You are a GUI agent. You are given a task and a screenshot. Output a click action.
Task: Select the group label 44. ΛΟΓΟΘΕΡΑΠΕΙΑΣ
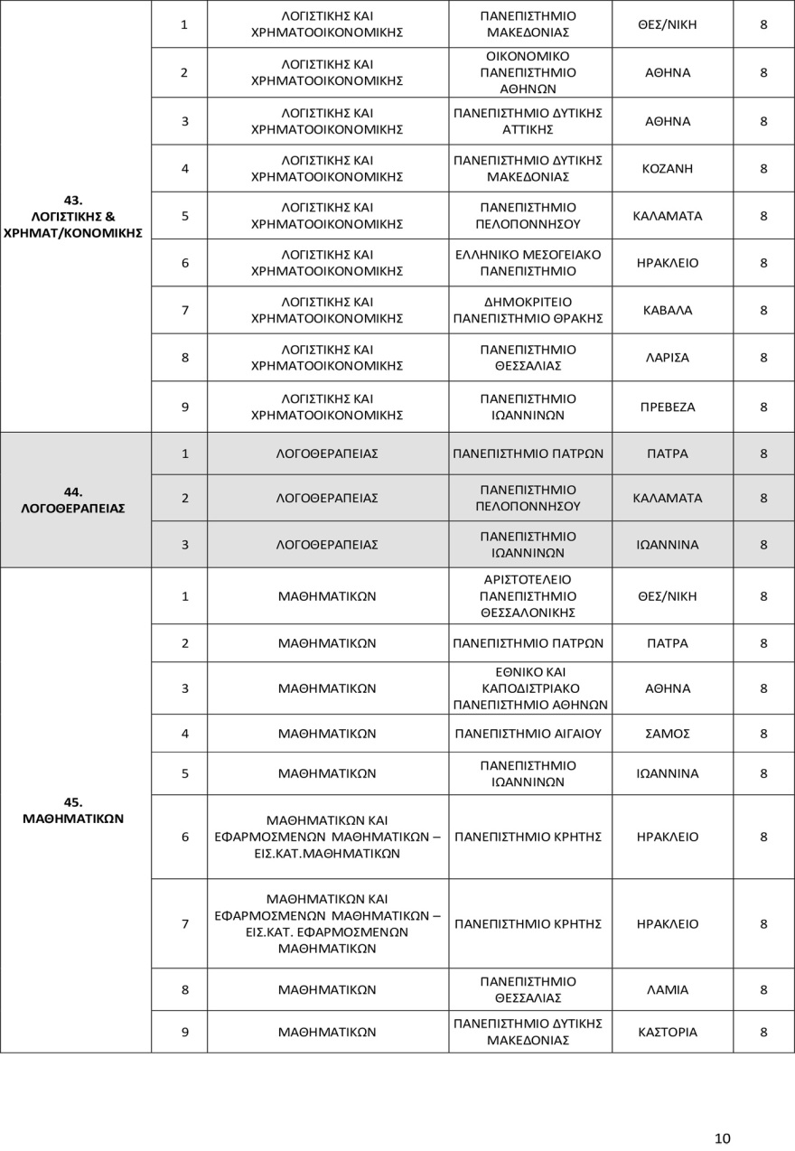click(73, 500)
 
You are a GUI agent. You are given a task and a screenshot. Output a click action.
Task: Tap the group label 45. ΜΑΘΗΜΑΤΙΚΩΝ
click(73, 810)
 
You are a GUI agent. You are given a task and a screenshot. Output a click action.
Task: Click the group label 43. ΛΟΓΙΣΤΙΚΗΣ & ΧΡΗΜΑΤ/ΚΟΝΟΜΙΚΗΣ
click(73, 216)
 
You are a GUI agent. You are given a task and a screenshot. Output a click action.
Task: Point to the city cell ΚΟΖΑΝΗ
click(672, 168)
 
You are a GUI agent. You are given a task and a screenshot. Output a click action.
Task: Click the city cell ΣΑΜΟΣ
click(669, 734)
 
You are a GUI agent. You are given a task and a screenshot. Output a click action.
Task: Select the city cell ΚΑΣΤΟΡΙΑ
click(669, 1032)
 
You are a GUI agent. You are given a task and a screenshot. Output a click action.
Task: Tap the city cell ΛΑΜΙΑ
click(669, 989)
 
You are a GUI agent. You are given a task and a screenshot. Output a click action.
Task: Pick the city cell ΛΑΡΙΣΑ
click(669, 358)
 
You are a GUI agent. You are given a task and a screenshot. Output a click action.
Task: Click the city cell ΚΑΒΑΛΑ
click(669, 310)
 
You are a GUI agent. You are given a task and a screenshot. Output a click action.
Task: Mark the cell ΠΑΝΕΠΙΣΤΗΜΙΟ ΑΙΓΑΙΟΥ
click(528, 734)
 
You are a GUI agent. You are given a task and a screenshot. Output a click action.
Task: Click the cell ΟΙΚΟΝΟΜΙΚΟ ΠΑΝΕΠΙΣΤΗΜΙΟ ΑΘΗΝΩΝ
click(528, 72)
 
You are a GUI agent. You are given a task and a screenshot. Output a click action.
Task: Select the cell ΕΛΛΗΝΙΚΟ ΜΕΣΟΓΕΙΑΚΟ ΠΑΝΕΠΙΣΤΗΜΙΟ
click(528, 263)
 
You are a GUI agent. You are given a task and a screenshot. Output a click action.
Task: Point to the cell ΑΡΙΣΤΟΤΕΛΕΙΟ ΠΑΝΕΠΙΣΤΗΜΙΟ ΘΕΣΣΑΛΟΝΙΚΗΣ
click(528, 596)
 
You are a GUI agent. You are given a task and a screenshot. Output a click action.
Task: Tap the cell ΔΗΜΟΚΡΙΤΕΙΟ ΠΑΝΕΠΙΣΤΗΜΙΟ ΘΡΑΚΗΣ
click(528, 310)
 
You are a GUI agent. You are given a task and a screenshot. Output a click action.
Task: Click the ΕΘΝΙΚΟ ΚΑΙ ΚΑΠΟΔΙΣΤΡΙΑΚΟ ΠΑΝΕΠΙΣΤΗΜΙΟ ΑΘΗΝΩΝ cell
click(528, 688)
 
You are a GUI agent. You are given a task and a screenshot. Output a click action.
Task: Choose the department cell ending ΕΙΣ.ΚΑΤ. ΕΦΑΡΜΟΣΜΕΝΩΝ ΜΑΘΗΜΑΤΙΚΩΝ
click(327, 923)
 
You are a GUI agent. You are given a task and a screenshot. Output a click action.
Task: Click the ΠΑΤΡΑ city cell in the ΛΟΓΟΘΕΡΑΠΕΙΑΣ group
click(669, 454)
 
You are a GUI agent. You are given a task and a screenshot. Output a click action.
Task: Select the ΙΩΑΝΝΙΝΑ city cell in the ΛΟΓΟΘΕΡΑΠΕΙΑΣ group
click(669, 545)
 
